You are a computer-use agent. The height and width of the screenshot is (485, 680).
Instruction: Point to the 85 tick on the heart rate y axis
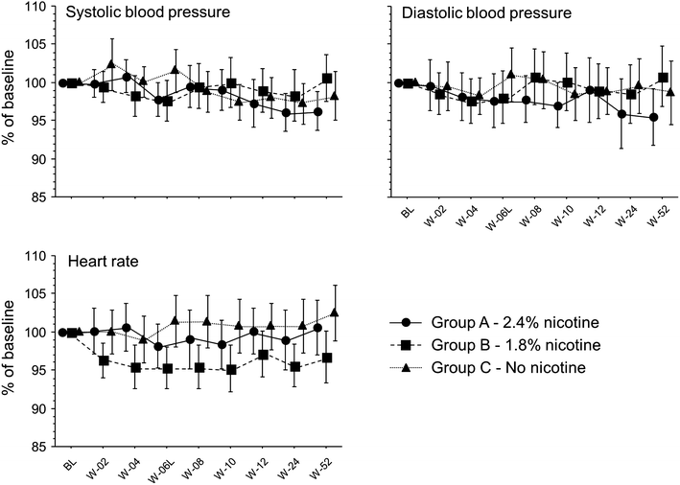tap(39, 447)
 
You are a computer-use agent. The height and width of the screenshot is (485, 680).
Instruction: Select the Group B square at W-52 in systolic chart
tap(327, 79)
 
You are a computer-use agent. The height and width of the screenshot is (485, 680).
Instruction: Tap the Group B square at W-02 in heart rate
tap(104, 360)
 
